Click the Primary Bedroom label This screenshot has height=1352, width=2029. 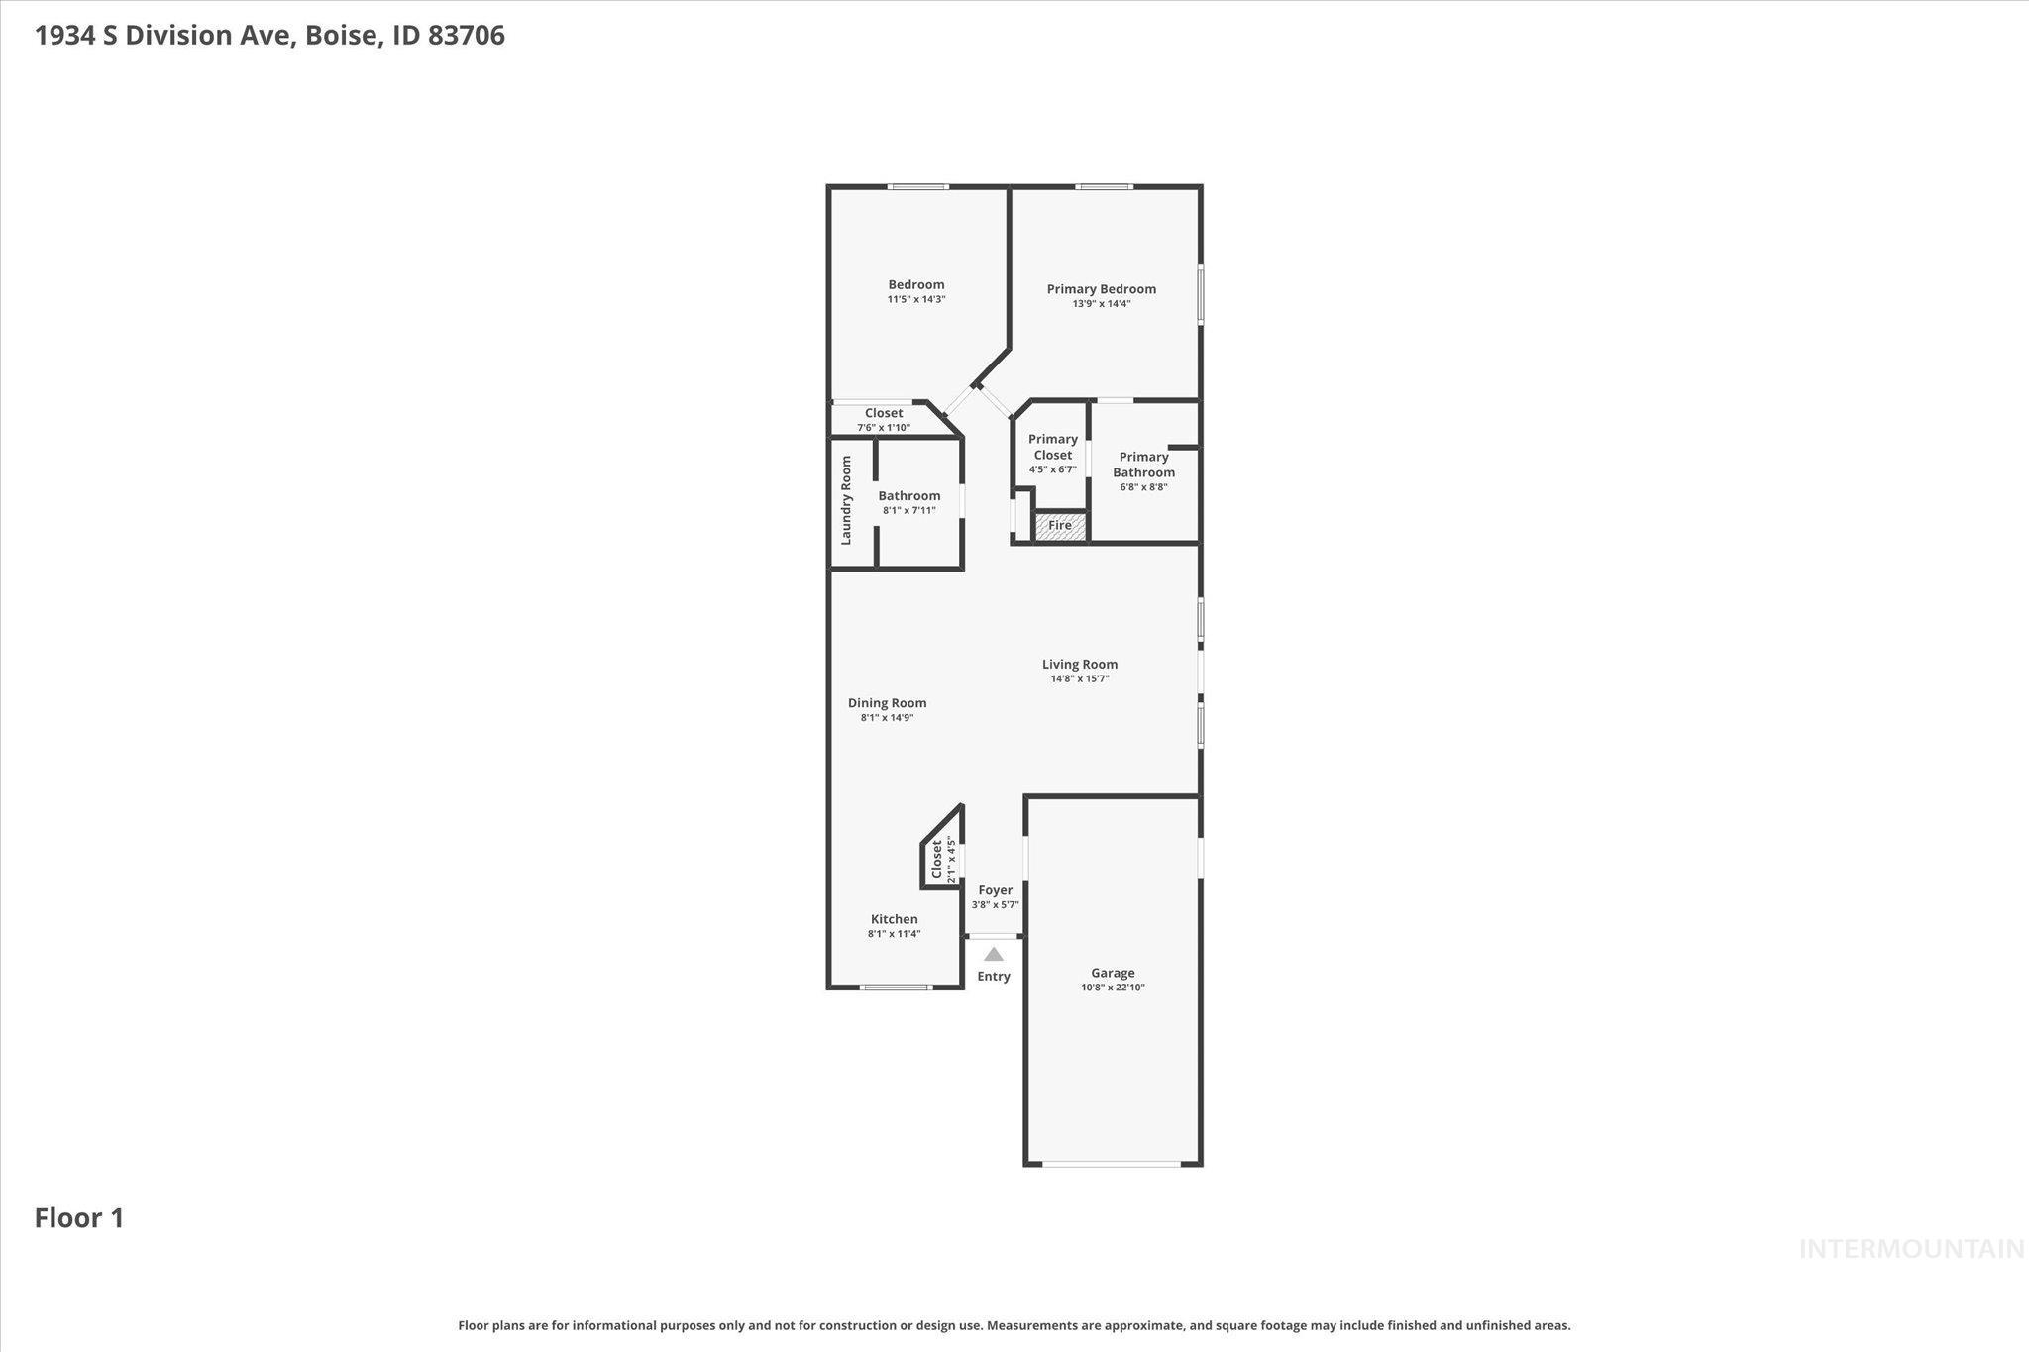point(1101,289)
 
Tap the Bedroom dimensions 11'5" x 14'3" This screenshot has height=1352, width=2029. point(916,299)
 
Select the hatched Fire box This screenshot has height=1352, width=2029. point(1060,527)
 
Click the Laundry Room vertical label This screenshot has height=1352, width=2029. point(846,500)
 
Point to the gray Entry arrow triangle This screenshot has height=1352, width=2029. point(993,955)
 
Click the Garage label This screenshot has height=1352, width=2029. point(1113,973)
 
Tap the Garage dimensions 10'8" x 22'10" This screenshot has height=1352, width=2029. point(1113,988)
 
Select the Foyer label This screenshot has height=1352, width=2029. point(995,890)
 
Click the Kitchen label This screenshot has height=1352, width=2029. point(894,919)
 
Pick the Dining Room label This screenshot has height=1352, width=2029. point(887,703)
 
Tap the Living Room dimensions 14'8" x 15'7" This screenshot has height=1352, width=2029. point(1079,679)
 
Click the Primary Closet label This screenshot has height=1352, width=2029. point(1052,447)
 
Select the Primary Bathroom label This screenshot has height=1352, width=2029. point(1143,465)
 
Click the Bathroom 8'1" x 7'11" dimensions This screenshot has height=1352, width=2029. point(908,511)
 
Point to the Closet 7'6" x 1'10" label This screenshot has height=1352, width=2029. point(884,414)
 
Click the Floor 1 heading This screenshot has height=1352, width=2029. point(79,1218)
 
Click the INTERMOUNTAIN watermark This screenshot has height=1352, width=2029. point(1911,1250)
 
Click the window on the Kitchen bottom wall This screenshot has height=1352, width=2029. point(895,988)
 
